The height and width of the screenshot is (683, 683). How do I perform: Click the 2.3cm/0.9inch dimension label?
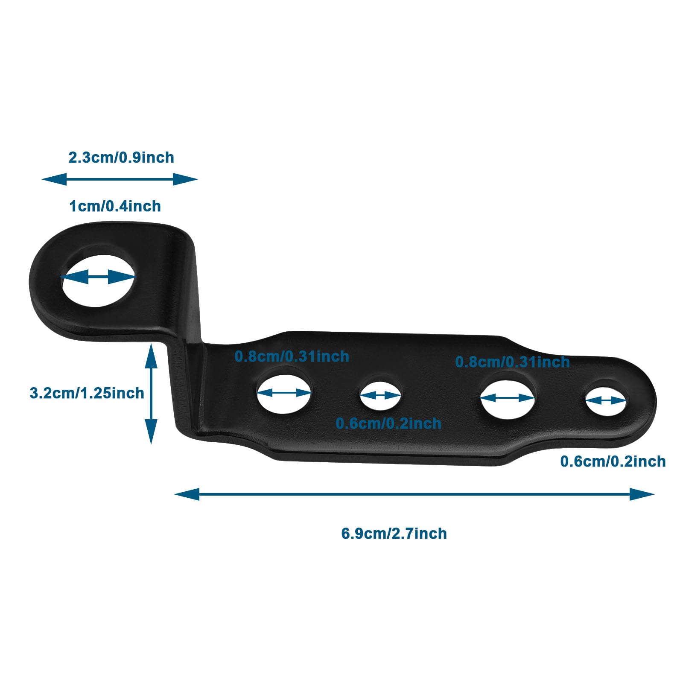121,158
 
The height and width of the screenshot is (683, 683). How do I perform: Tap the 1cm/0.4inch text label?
115,206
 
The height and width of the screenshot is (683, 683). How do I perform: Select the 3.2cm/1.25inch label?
87,393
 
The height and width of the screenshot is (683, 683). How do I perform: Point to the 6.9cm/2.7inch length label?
394,534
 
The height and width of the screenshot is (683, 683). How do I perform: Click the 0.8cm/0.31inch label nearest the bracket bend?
292,356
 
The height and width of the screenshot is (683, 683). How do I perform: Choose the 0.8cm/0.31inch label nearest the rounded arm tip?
512,362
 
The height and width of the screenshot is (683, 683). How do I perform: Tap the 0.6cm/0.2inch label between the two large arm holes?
388,423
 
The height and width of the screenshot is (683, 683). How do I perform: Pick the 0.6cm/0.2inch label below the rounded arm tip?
613,461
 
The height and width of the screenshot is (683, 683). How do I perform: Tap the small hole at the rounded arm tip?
605,400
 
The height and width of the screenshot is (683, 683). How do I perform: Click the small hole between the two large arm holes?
380,396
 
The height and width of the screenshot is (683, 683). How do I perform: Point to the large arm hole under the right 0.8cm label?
508,398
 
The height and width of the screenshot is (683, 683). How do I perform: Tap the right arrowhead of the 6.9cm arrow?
642,495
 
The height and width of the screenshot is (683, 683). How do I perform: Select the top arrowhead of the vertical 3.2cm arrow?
151,356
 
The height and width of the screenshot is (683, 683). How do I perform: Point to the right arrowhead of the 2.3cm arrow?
185,179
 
